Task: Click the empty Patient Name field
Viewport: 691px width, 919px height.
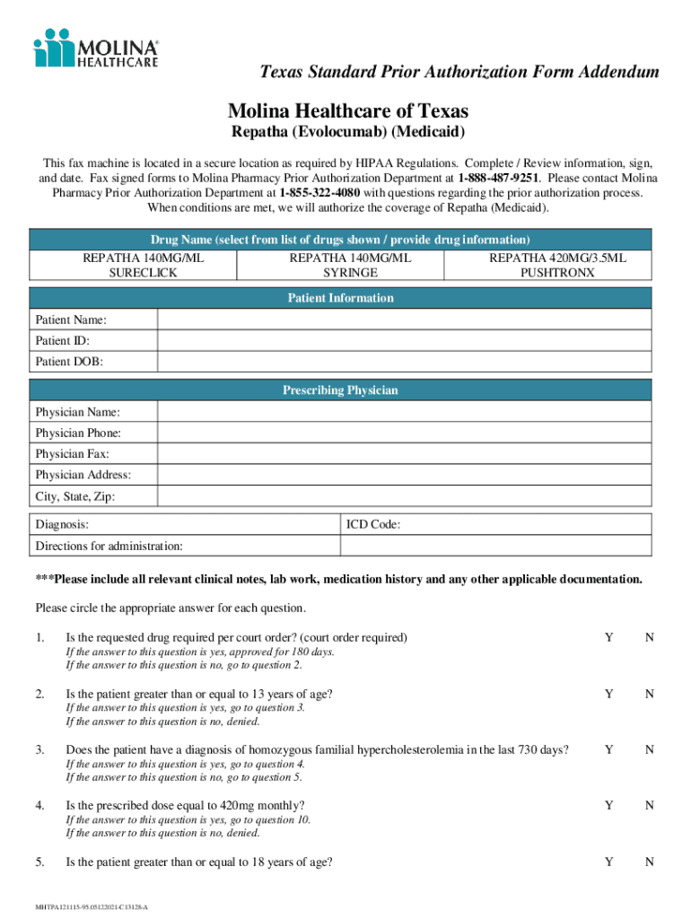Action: [x=404, y=320]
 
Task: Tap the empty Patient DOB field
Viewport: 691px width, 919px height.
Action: [x=404, y=362]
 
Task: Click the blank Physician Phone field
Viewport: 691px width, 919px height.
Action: [x=404, y=433]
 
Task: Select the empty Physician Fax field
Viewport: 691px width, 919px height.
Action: [x=404, y=454]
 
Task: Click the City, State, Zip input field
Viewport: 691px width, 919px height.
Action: [x=404, y=496]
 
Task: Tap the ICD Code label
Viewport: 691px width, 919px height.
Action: [x=372, y=525]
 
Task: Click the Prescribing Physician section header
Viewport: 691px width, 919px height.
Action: [x=341, y=390]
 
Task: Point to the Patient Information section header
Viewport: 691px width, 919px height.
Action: [x=341, y=298]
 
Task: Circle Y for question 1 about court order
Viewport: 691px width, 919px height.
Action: [x=609, y=637]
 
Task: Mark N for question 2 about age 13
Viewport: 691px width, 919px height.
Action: [x=650, y=694]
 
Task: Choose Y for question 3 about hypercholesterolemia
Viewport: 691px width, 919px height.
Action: [x=609, y=749]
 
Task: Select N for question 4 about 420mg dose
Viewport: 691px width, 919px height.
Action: [x=650, y=805]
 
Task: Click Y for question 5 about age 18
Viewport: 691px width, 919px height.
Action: [x=609, y=862]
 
